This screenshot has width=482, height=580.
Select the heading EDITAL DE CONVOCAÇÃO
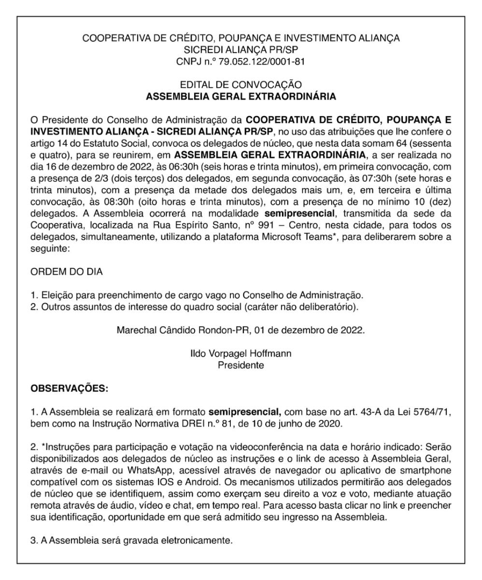point(241,85)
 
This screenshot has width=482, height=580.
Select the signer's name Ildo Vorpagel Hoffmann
point(241,354)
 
